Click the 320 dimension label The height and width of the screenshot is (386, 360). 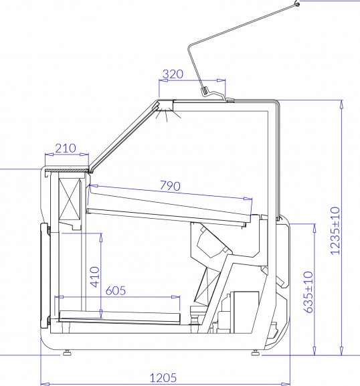[173, 74]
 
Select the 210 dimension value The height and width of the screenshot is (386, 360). [66, 149]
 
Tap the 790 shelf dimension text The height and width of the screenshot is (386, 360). [170, 185]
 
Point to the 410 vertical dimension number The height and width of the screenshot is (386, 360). [95, 277]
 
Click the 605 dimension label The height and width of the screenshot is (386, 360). [116, 290]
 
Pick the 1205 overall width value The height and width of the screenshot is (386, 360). [163, 377]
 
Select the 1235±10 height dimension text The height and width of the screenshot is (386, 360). [335, 231]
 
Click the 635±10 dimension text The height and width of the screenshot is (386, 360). [308, 292]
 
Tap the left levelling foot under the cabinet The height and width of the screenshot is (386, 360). [67, 353]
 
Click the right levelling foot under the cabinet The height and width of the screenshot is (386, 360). [255, 353]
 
